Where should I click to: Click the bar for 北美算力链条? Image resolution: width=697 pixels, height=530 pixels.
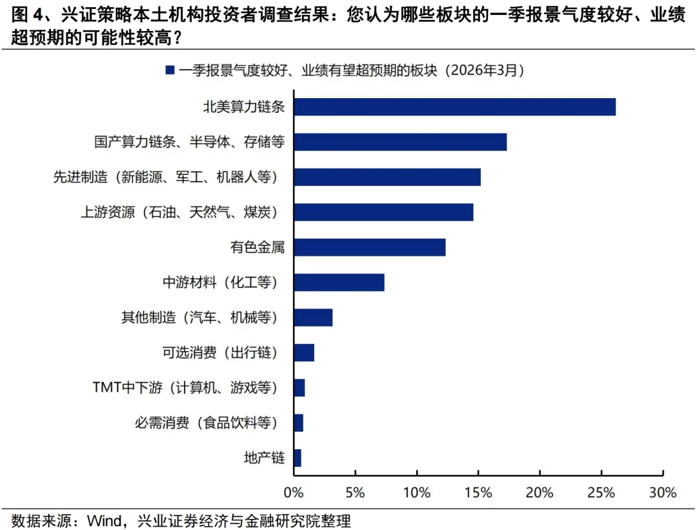coord(454,107)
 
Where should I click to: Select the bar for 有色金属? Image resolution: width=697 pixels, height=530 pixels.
coord(369,247)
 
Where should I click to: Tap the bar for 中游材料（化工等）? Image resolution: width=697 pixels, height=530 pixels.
coord(339,282)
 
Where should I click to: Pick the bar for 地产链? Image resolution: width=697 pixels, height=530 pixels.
coord(298,458)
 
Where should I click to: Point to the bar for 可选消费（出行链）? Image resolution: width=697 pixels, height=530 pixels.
coord(304,352)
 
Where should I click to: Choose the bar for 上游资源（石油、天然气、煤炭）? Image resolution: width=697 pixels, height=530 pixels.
coord(383,212)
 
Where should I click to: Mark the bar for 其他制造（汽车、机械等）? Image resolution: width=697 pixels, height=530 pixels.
coord(313,318)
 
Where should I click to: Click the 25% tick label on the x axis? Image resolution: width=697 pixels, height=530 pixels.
coord(601,493)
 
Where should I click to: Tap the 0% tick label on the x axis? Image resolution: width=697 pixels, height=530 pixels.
coord(294,493)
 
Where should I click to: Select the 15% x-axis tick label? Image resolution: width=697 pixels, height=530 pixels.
coord(478,493)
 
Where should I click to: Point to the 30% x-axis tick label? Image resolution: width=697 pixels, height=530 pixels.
coord(662,493)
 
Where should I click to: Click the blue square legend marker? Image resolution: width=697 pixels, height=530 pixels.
coord(170,70)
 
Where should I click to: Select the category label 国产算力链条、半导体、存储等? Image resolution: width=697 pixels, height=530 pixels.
coord(189,142)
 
